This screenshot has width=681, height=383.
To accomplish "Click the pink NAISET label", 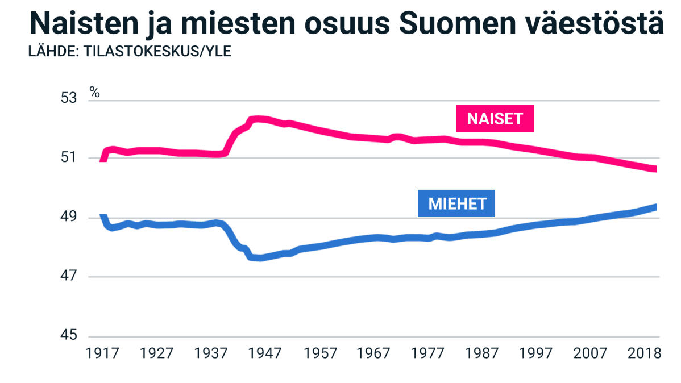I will coord(495,118).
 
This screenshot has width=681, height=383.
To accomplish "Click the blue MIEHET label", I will coord(456,203).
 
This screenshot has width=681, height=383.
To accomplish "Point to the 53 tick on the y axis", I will coord(68,98).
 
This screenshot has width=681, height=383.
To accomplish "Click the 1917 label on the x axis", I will coord(102,353).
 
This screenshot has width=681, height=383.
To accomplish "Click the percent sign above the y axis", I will coord(95,92).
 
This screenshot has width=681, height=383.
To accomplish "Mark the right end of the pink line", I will coord(655,169).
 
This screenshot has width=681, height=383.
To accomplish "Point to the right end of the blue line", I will coord(655,207).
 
